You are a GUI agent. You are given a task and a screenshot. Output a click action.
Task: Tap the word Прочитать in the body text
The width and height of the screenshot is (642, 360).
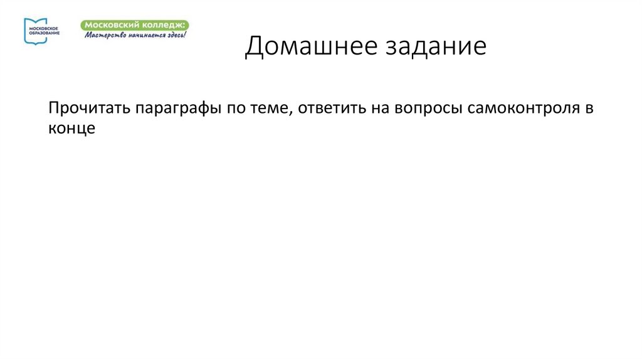[x=88, y=108]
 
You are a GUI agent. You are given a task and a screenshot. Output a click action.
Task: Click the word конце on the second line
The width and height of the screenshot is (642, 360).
[x=71, y=128]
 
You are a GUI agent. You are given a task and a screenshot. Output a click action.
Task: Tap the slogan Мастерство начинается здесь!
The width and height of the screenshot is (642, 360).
[x=135, y=34]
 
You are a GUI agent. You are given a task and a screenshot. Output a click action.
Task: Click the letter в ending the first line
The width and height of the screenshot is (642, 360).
[x=589, y=108]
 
